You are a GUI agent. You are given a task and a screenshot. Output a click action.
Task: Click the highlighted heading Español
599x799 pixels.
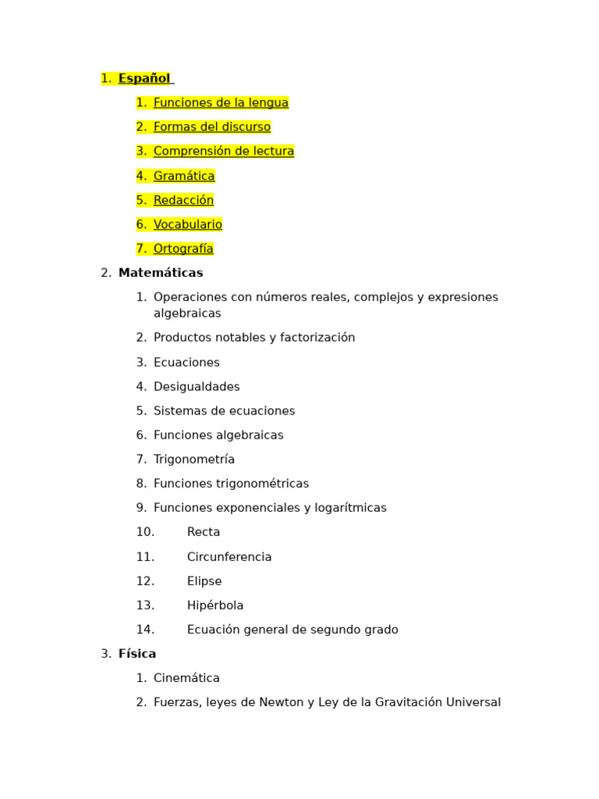coord(144,78)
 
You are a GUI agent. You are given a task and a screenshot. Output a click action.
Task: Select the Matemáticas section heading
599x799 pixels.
coord(161,273)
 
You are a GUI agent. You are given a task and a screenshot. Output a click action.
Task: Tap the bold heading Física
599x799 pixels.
coord(137,654)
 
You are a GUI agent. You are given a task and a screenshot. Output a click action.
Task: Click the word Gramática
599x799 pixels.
coord(184,176)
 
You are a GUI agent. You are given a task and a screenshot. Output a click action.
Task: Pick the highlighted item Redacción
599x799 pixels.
coord(183,201)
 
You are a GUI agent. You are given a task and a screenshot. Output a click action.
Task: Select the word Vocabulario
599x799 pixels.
coord(188,225)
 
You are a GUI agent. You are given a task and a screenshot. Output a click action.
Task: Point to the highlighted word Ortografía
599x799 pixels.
coord(183,249)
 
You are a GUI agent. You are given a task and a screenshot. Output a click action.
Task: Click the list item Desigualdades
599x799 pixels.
coord(197,387)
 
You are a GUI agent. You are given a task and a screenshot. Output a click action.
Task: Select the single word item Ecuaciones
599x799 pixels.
coord(186,363)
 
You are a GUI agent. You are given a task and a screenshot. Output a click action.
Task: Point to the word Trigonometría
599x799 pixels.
coord(194,460)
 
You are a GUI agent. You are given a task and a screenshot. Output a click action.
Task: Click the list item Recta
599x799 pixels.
coord(204,532)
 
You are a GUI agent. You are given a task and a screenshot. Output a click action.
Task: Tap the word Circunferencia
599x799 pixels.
coord(229,557)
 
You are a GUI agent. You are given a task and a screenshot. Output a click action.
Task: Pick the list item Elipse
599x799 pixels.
coord(204,581)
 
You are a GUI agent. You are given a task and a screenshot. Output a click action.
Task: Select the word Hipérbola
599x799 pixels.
coord(215,605)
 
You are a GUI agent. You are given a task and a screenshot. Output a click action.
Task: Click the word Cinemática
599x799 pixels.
coord(186,678)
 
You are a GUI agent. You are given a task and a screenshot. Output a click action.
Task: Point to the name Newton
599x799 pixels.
coord(282,702)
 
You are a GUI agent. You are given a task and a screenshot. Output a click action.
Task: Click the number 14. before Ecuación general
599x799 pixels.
coord(145,630)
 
